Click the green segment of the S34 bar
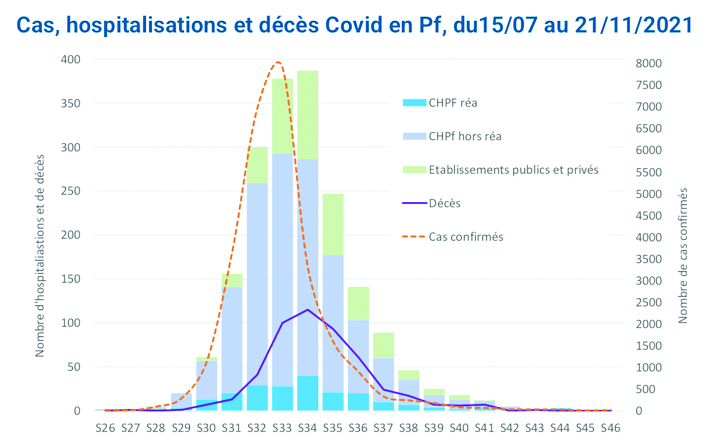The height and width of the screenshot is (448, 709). (308, 115)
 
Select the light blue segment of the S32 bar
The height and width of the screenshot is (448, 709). (257, 284)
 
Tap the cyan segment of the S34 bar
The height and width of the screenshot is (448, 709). (308, 393)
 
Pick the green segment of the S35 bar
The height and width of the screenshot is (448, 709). (333, 224)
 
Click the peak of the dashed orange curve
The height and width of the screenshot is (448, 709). (278, 62)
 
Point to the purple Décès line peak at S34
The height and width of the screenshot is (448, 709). (308, 309)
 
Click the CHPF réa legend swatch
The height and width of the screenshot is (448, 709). (414, 103)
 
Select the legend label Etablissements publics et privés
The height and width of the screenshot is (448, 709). (513, 170)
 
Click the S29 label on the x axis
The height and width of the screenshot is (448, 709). (181, 428)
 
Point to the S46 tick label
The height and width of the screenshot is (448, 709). (610, 428)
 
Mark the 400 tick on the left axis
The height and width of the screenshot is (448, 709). (71, 59)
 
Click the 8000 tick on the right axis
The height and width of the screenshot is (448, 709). (648, 63)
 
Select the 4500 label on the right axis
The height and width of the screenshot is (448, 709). (648, 215)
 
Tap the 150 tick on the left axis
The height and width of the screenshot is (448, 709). (71, 279)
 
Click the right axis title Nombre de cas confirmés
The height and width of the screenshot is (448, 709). (683, 256)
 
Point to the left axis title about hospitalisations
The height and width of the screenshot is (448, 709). (40, 256)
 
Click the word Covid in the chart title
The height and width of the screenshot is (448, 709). (354, 25)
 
